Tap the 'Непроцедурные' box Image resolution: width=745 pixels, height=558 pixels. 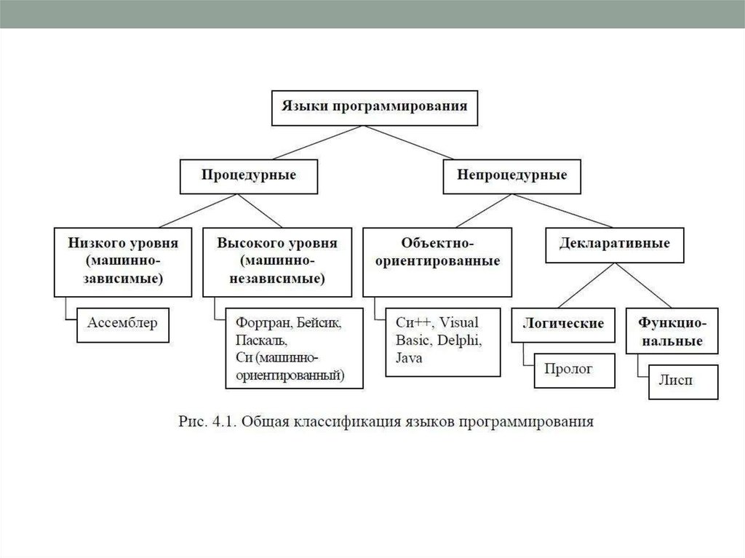[512, 175]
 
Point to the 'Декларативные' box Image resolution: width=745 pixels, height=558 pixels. [615, 243]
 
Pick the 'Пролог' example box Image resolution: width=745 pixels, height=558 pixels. [574, 370]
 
